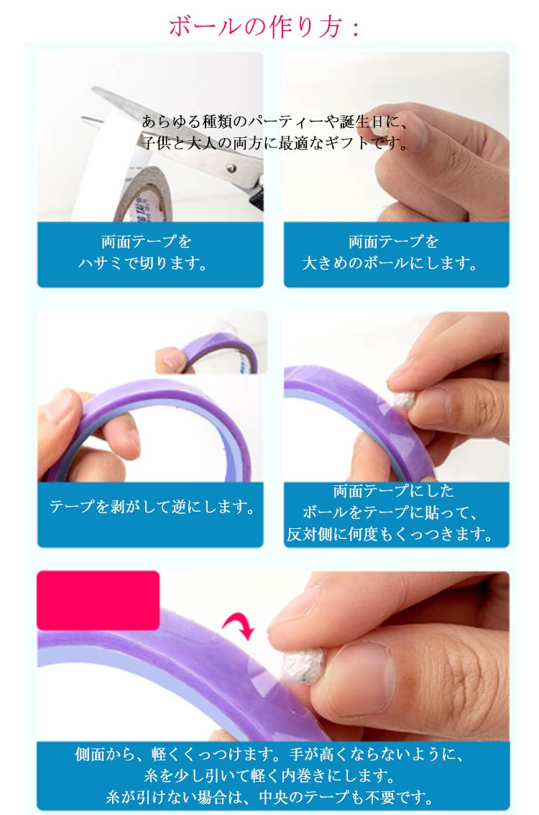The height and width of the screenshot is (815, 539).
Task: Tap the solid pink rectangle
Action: point(98,600)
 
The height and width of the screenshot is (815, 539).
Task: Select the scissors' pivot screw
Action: point(231,167)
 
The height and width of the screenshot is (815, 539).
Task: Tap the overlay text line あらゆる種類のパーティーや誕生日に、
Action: point(275,121)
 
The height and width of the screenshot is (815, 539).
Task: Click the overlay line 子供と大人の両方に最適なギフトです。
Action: point(275,143)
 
